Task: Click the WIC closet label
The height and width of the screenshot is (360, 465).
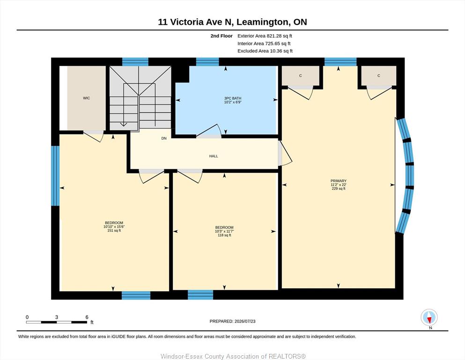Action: (x=86, y=98)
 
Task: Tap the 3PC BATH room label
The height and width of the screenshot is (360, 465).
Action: (x=233, y=98)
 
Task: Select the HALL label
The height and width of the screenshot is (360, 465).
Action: (x=214, y=156)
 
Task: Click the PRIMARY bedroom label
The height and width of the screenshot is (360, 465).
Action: (x=339, y=181)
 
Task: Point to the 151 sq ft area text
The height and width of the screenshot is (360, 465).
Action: (x=114, y=231)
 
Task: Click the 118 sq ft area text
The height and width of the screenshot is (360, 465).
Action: (x=224, y=235)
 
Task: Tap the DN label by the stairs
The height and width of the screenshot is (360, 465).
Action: (x=164, y=138)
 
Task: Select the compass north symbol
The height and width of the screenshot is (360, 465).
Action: (x=429, y=317)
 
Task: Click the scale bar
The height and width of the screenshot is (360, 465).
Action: (x=57, y=322)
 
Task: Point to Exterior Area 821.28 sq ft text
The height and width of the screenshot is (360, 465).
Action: (x=265, y=36)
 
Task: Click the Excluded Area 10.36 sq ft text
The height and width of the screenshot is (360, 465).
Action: (x=265, y=51)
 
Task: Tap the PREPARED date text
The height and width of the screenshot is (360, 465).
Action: (x=232, y=321)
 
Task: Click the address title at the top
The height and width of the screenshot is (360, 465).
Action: (x=232, y=22)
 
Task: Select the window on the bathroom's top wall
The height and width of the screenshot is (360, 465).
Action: (x=207, y=62)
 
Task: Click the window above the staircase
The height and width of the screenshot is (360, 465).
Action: (x=135, y=62)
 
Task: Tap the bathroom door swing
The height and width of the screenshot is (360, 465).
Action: (x=209, y=131)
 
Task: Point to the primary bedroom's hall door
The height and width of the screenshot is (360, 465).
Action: (x=285, y=153)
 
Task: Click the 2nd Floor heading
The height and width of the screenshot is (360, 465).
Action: (x=221, y=36)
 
